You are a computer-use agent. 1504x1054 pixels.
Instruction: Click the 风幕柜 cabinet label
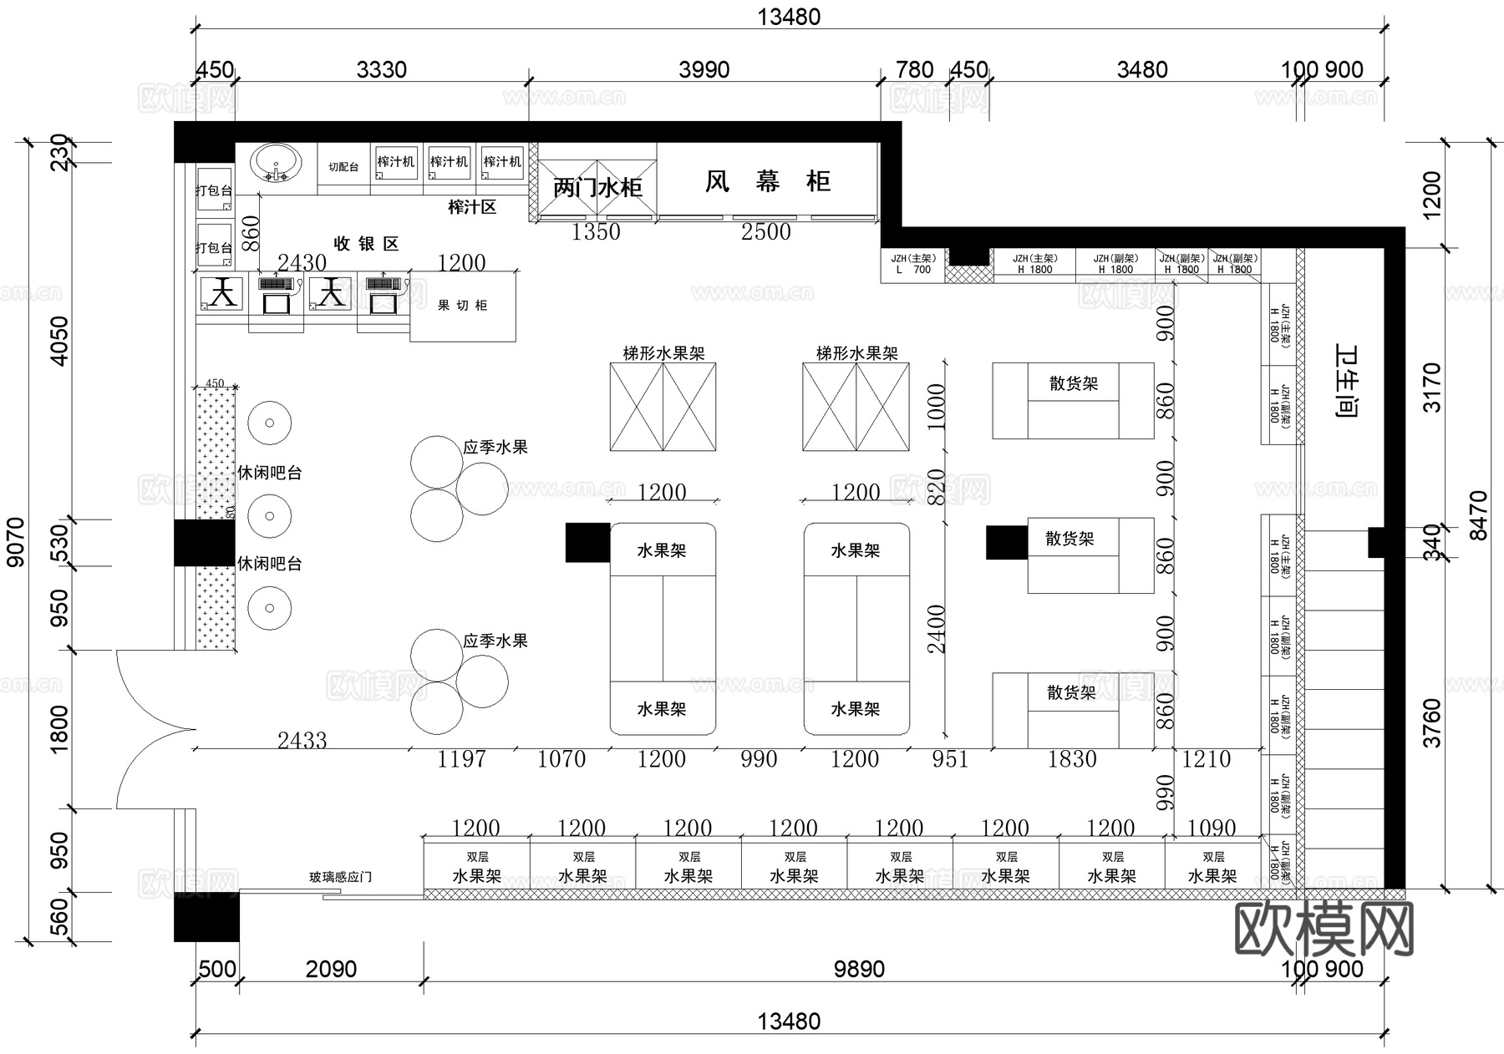[767, 181]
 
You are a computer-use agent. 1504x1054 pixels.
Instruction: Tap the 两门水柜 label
[597, 187]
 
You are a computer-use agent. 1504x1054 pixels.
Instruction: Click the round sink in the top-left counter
[276, 163]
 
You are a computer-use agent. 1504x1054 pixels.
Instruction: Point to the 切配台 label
[343, 167]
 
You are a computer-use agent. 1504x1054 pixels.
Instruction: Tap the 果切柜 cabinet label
[462, 306]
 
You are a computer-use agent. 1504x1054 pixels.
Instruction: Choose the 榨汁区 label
[472, 207]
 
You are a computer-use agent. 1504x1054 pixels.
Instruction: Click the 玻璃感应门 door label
[340, 877]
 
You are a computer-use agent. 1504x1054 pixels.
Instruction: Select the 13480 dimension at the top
[789, 17]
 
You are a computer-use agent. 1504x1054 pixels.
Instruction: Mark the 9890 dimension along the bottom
[859, 969]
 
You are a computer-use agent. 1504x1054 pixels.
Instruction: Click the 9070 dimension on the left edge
[16, 541]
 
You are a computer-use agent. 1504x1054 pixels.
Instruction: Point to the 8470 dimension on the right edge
[1478, 515]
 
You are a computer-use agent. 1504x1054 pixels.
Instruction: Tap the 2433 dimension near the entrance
[302, 740]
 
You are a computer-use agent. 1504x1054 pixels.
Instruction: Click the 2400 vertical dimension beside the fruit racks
[936, 629]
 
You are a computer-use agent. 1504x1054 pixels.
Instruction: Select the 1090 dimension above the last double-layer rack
[1212, 828]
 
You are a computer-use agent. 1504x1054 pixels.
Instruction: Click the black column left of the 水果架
[587, 542]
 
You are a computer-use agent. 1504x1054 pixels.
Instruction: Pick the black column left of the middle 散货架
[1007, 542]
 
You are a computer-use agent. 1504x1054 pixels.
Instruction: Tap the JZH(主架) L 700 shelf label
[912, 264]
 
